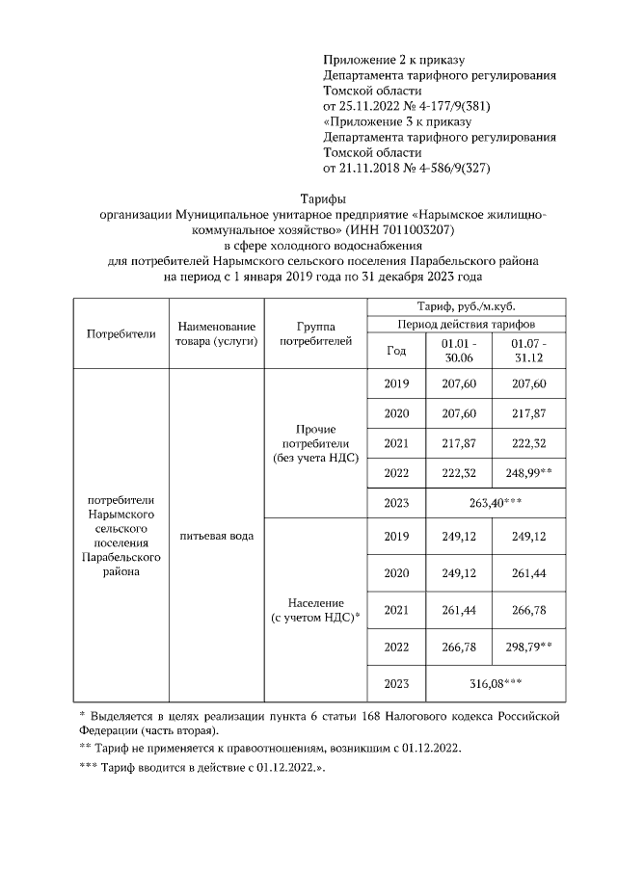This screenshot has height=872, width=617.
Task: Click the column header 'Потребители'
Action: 121,333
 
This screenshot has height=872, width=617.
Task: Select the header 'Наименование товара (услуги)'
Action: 215,333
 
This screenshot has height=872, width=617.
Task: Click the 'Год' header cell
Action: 396,351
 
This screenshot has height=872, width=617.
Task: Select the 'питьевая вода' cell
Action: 215,535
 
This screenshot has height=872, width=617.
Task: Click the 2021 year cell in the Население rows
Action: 396,610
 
